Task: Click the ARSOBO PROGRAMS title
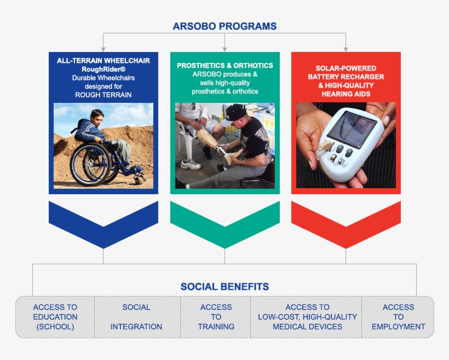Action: coord(225,26)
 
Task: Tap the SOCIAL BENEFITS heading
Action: coord(225,287)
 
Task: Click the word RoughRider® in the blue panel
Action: coord(103,69)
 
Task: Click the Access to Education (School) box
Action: coord(55,317)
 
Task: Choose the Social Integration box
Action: coord(137,317)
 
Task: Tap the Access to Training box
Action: coord(216,317)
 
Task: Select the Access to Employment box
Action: coord(398,317)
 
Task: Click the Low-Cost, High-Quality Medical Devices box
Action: coord(307,317)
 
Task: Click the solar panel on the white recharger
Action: coord(352,128)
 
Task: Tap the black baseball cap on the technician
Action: coord(233,114)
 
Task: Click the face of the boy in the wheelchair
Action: coord(97,119)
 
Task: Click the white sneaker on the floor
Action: coord(191,164)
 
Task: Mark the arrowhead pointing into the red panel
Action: coord(346,49)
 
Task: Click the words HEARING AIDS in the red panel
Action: coord(346,94)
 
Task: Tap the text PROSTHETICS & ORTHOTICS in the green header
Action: coord(225,66)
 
